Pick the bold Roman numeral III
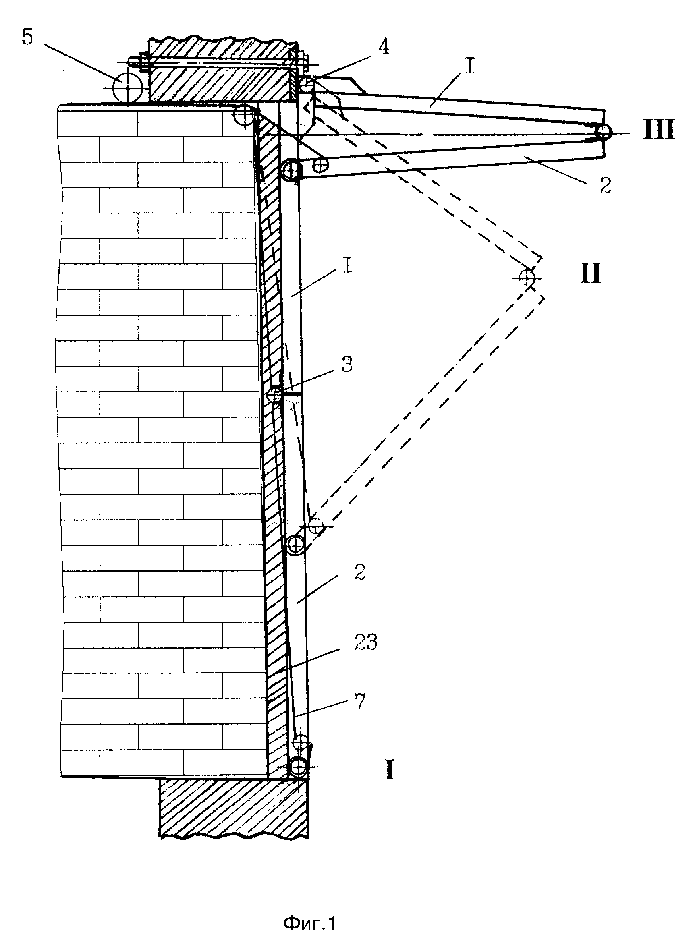point(658,130)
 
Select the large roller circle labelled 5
point(127,87)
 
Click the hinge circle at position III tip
point(603,133)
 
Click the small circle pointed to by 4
point(308,83)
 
